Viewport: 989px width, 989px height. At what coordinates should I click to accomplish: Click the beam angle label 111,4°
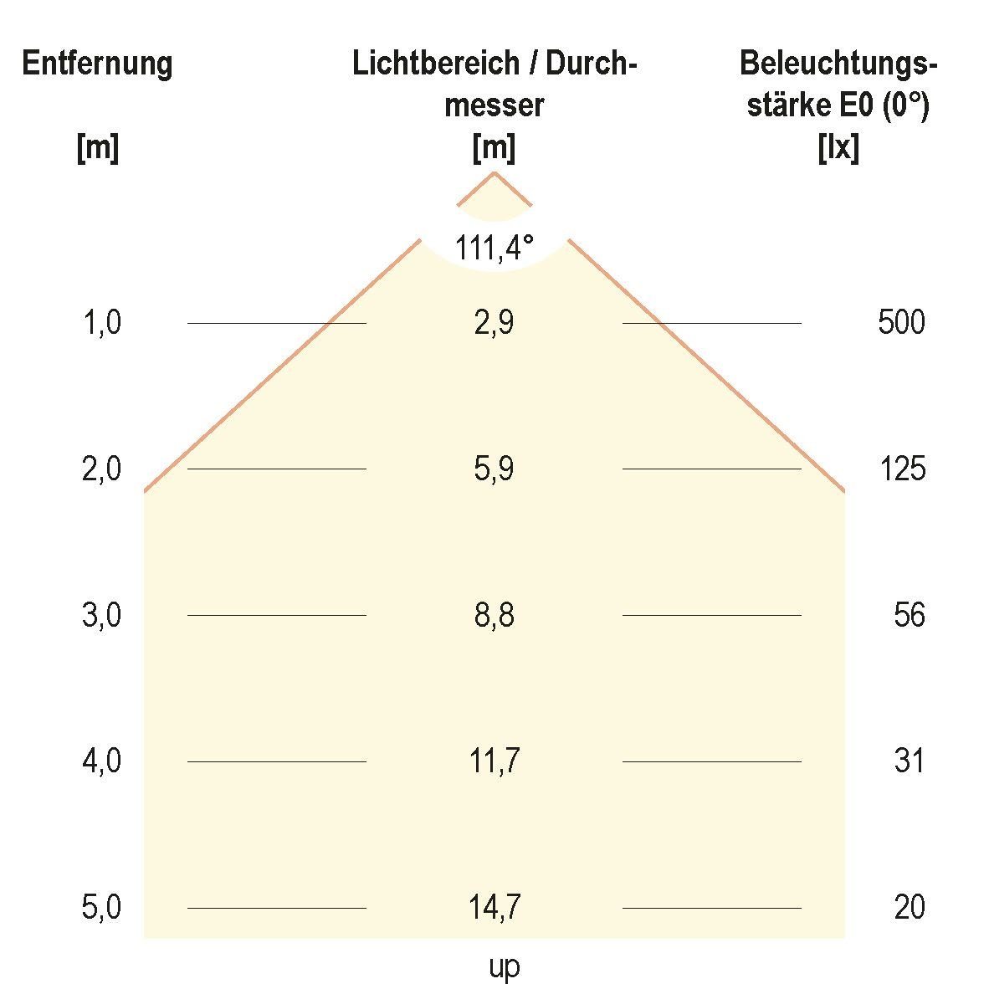(494, 249)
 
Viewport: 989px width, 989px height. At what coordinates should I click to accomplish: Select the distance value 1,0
(102, 322)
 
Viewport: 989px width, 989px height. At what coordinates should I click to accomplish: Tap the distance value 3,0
(102, 616)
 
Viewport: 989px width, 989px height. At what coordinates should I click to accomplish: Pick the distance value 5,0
(102, 908)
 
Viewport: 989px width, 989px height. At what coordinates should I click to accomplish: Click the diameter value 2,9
(494, 322)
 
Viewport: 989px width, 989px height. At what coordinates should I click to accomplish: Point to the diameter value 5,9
(494, 469)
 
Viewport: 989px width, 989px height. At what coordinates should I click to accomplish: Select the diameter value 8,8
(494, 616)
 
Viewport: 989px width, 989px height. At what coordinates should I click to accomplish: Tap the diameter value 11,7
(494, 761)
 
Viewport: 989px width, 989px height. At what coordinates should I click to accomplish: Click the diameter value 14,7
(494, 908)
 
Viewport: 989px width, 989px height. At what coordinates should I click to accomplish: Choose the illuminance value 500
(901, 322)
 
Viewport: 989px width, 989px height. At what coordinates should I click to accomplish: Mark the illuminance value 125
(902, 469)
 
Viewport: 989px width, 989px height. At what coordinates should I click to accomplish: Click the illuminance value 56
(910, 616)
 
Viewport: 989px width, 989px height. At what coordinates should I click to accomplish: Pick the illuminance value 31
(910, 761)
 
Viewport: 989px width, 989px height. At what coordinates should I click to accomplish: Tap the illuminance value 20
(910, 908)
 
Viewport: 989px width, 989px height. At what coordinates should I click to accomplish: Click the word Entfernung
(97, 64)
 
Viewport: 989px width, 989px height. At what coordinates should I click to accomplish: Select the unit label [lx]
(838, 149)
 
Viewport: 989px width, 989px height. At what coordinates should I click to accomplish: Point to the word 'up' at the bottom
(504, 968)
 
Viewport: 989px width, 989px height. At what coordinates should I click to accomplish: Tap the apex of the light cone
(494, 172)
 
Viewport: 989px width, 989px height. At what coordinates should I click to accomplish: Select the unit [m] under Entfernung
(97, 149)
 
